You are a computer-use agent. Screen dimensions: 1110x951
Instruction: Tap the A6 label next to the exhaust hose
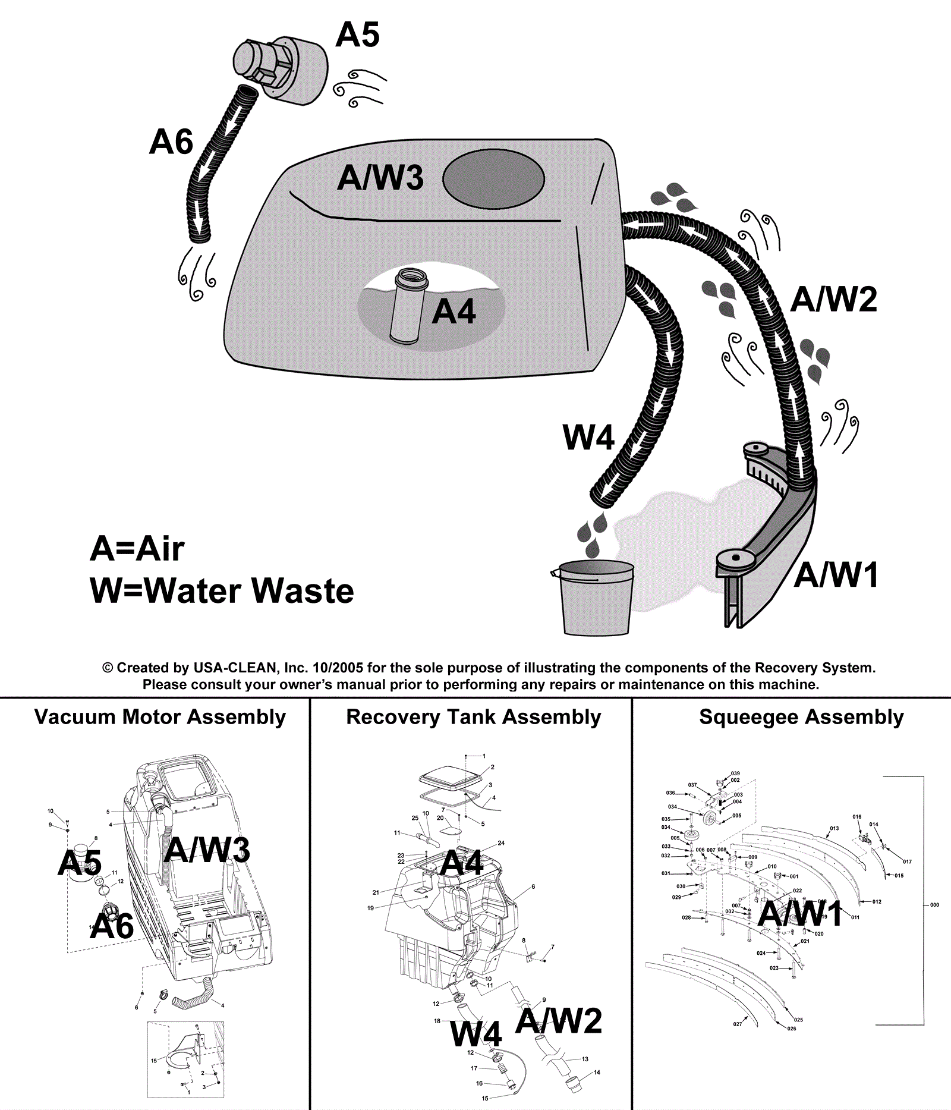point(171,142)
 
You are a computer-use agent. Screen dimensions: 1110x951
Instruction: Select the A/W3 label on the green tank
point(380,178)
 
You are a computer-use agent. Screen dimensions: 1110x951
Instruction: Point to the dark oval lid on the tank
point(493,179)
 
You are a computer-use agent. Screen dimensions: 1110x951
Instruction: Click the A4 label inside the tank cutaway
point(454,312)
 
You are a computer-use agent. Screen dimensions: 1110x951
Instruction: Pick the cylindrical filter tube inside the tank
point(408,307)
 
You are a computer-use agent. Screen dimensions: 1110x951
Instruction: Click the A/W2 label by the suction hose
point(833,299)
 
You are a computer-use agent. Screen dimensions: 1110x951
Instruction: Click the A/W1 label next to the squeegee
point(836,575)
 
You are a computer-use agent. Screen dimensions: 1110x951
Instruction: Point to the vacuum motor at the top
point(279,68)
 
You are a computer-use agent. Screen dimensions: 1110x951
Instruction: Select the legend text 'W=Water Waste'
point(222,591)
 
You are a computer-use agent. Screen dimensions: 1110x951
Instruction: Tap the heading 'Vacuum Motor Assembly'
point(160,717)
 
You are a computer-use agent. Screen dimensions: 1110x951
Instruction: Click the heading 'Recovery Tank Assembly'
point(473,717)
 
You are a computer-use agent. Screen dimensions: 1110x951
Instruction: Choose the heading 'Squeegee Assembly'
point(801,717)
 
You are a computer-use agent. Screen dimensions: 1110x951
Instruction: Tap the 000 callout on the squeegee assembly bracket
point(934,905)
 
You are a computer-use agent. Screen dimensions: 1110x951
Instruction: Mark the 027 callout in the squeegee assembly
point(737,1024)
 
